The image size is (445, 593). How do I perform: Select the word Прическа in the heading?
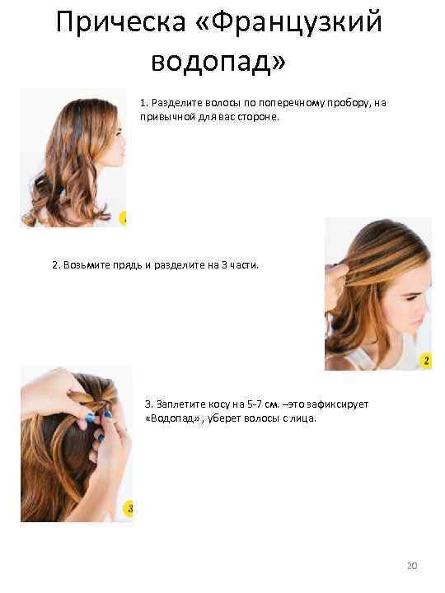(121, 23)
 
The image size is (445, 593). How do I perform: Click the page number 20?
(412, 566)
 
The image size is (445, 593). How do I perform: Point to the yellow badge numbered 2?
(426, 361)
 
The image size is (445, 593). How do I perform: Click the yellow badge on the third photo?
(129, 508)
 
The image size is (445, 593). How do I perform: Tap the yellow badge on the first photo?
(123, 218)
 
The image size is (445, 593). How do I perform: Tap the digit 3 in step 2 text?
(224, 265)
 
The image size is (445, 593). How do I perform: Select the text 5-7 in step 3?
(255, 404)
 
